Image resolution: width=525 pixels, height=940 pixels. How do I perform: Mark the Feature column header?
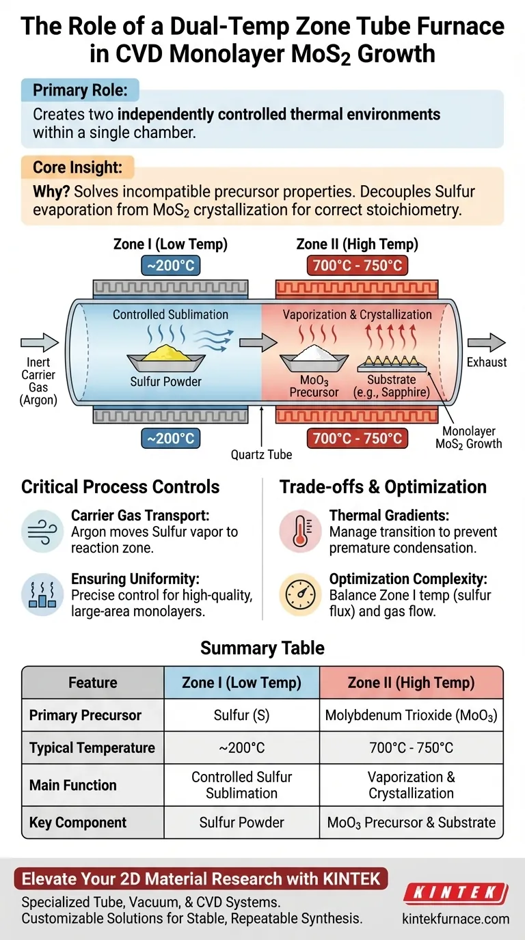tap(93, 682)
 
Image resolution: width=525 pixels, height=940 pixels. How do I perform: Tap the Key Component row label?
tap(78, 822)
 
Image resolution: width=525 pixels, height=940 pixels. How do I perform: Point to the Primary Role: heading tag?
tap(79, 91)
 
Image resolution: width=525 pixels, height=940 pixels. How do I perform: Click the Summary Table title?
tap(262, 648)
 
